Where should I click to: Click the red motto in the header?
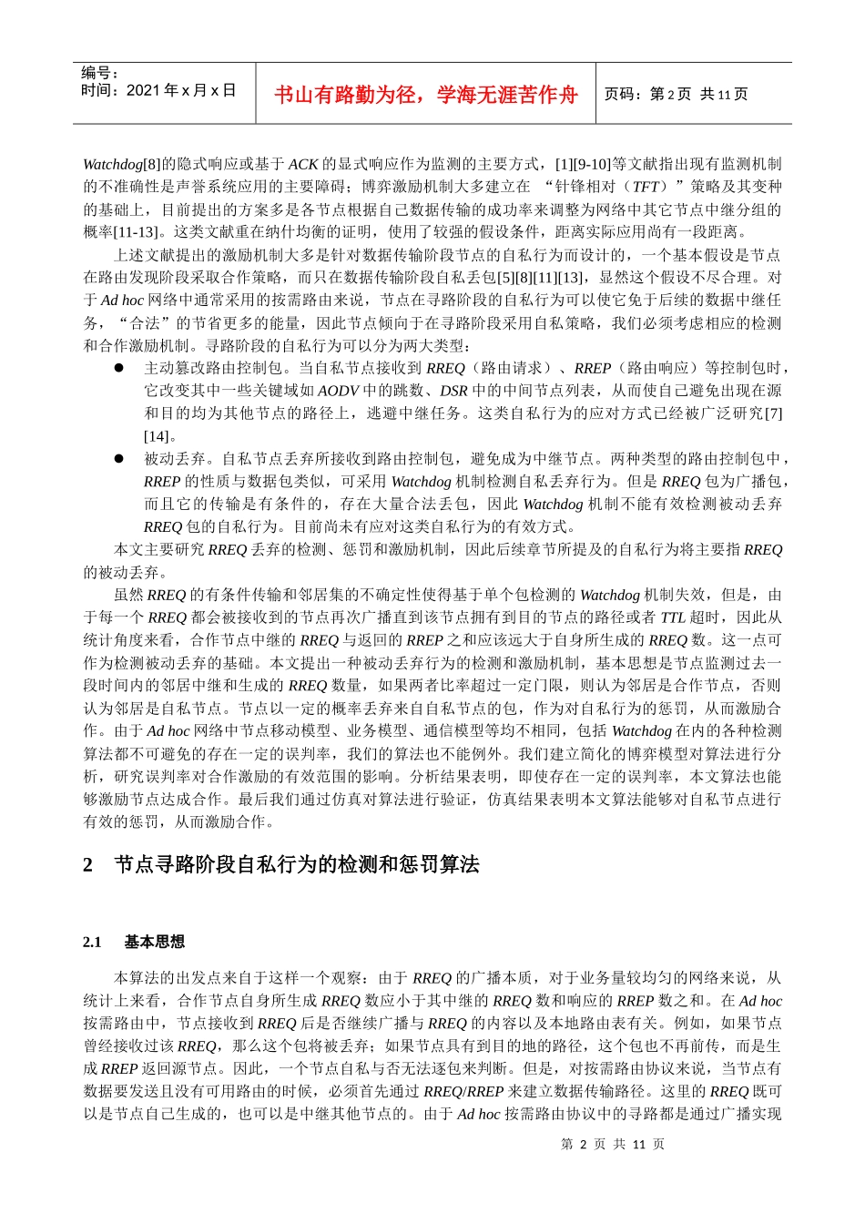point(425,95)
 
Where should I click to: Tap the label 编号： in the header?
point(100,73)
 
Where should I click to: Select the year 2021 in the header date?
point(143,90)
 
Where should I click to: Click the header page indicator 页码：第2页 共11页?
point(677,95)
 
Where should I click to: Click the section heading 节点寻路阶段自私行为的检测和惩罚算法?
point(297,865)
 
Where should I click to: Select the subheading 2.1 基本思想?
point(134,942)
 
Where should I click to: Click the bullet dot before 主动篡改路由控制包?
point(118,368)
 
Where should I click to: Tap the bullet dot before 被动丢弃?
point(118,459)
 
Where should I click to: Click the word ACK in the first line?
point(303,165)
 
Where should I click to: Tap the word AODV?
point(338,391)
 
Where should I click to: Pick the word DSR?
point(453,391)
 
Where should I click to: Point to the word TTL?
point(673,617)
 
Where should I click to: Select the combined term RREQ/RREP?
point(463,1091)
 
